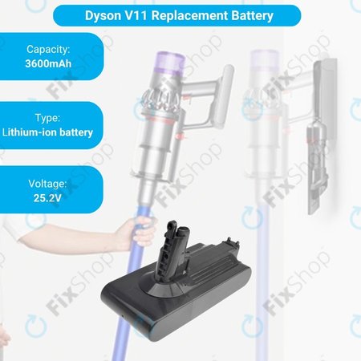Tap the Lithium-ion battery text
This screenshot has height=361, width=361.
[x=48, y=132]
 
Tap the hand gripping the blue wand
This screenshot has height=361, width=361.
[x=136, y=233]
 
